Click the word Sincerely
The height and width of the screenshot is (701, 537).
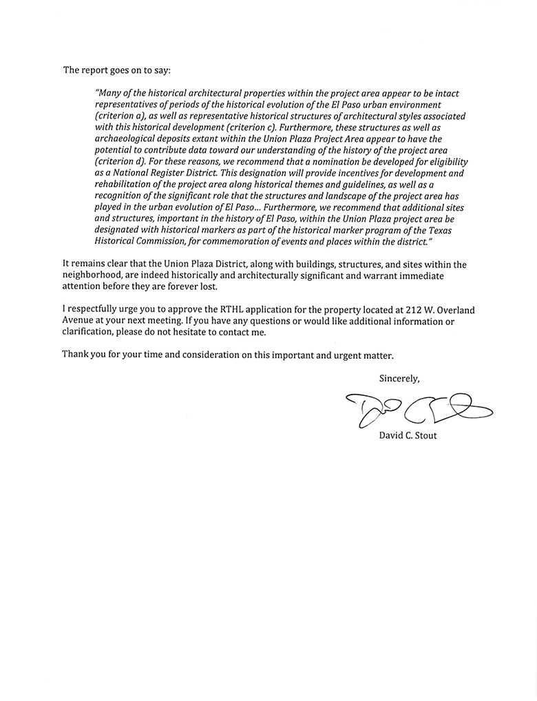click(399, 378)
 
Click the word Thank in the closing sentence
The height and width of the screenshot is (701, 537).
click(75, 355)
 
